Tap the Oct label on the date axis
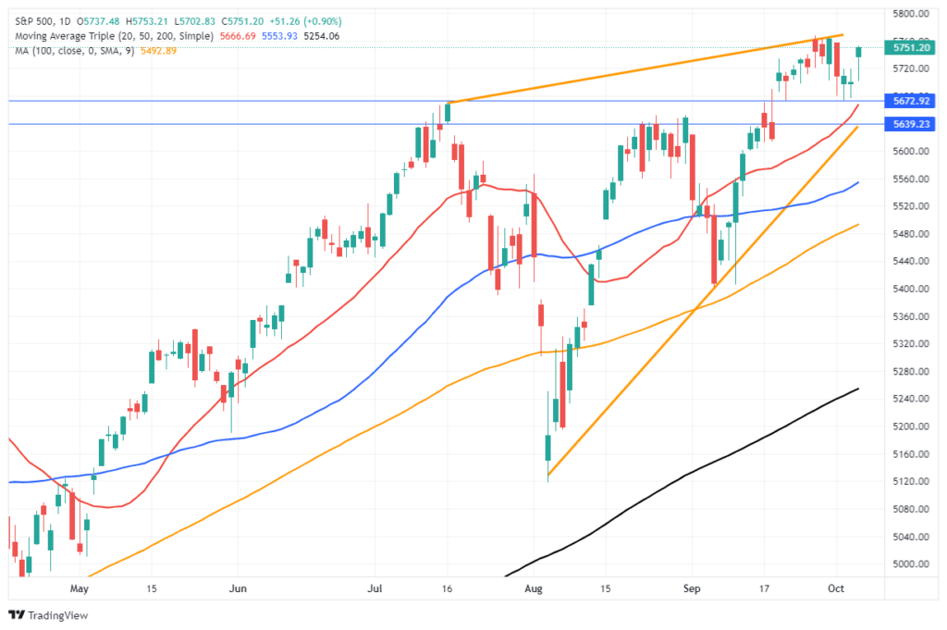[835, 587]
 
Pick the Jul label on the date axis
[377, 587]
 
